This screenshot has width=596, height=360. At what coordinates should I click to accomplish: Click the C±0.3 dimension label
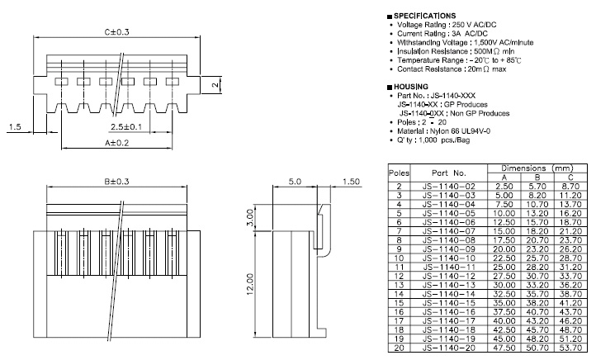click(119, 32)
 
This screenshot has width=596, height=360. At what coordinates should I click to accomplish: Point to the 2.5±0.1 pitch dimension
click(126, 126)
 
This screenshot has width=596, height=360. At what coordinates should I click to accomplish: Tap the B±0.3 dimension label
click(118, 182)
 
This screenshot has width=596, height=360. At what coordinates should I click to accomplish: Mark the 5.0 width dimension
click(295, 182)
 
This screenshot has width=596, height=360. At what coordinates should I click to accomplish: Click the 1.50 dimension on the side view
click(351, 182)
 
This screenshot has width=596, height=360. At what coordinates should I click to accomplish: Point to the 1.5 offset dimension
click(15, 126)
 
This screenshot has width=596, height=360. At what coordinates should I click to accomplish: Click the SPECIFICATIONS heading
click(424, 16)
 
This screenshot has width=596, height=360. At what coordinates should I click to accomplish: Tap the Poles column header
click(400, 174)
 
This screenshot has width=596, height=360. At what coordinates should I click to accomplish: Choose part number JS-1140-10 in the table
click(450, 258)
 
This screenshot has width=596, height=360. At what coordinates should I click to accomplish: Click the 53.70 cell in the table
click(570, 348)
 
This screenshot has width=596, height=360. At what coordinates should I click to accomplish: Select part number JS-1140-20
click(450, 348)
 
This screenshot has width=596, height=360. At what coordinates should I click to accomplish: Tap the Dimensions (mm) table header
click(537, 168)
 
